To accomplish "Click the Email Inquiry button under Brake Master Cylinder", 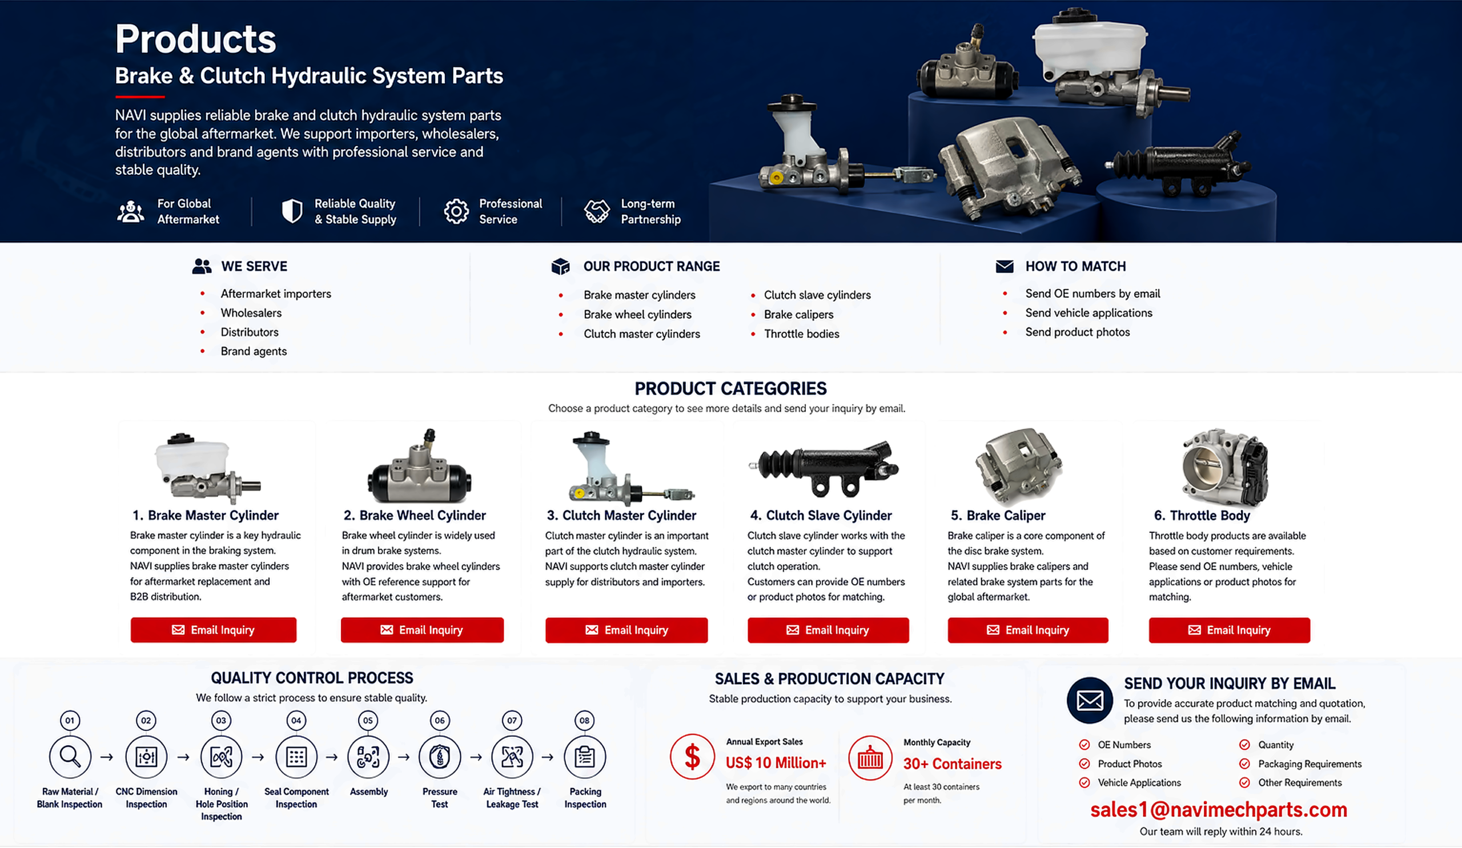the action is (214, 630).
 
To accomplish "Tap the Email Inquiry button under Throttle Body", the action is (1230, 630).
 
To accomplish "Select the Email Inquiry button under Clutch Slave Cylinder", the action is (828, 630).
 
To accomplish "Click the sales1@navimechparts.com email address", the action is (1218, 810).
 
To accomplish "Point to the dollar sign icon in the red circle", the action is (692, 757).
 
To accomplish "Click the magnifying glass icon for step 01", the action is (70, 757).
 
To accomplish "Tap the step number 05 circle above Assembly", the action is (368, 721).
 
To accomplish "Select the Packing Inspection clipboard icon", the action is (585, 757).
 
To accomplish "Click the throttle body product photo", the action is (1226, 468).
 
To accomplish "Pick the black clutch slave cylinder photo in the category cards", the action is (824, 468).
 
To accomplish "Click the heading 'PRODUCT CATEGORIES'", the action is (730, 388).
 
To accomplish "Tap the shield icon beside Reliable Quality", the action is (292, 211).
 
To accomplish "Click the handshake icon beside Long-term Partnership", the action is (597, 211).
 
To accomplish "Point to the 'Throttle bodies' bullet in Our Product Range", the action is (801, 333).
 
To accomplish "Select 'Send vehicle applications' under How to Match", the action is (1089, 312).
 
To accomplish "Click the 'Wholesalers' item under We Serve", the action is (251, 312).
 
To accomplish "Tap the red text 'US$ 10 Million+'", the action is (776, 763).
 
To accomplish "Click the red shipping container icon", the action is (870, 758).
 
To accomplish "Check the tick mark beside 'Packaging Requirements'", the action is (1244, 764).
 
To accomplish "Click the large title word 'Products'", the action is (195, 39).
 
